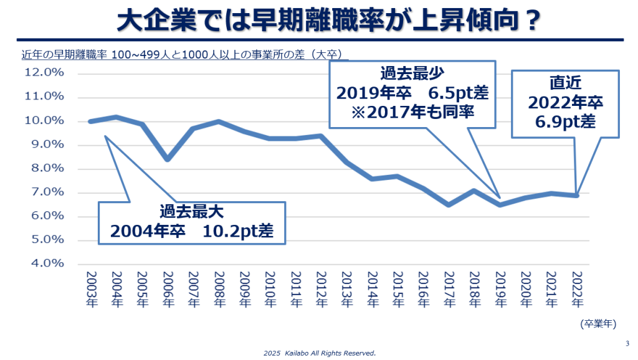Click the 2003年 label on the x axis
(90, 290)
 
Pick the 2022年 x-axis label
(577, 290)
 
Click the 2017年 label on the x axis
(449, 290)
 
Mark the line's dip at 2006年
(167, 159)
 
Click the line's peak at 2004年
(116, 116)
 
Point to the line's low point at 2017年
(449, 204)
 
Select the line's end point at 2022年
(577, 196)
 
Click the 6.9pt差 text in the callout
(565, 121)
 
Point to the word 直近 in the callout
(566, 83)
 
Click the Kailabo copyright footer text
(319, 353)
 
